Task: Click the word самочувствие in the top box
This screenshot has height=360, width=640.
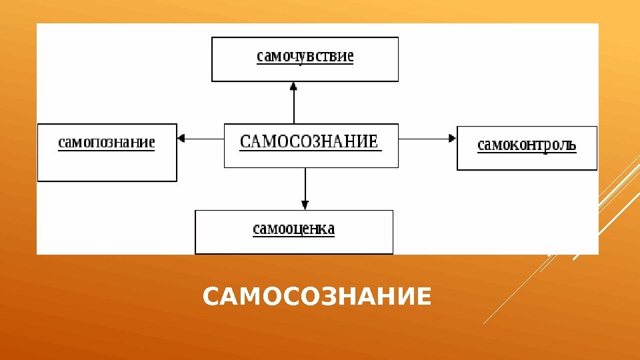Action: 305,56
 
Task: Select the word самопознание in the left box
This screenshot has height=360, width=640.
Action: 107,142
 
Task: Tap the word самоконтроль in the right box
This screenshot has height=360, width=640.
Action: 527,145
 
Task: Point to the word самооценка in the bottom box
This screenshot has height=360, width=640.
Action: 293,229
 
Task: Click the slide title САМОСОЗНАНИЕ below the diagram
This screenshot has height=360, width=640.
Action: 317,297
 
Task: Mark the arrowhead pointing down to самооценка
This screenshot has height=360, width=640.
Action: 305,205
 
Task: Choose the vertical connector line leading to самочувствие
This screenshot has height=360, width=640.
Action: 294,107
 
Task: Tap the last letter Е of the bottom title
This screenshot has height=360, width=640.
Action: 423,297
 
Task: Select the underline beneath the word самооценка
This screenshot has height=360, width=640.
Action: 293,237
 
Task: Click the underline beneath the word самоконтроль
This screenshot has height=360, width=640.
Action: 527,153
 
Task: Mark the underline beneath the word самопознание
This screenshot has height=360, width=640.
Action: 107,151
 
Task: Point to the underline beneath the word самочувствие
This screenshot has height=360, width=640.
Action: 305,64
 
